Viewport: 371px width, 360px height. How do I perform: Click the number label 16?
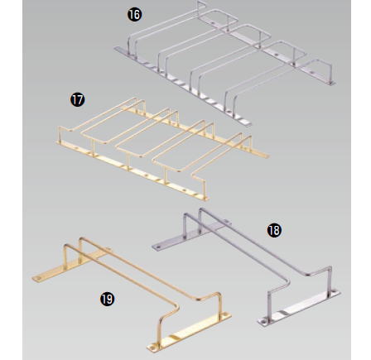[135, 14]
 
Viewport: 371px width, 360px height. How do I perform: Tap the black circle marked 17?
[78, 100]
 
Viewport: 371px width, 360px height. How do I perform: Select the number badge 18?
[274, 230]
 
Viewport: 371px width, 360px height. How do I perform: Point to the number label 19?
[107, 299]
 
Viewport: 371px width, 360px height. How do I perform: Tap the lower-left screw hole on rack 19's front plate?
[152, 345]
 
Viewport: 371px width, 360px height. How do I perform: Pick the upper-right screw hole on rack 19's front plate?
[226, 314]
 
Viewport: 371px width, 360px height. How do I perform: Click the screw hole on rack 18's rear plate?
[157, 247]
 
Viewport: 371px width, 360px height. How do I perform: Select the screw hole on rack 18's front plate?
[263, 321]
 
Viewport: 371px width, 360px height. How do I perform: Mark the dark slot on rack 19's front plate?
[174, 337]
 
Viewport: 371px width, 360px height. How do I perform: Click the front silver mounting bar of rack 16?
[182, 86]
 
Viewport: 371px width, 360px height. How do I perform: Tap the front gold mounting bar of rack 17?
[132, 170]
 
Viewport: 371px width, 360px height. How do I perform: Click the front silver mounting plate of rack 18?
[299, 308]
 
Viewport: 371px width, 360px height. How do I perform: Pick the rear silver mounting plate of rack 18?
[190, 234]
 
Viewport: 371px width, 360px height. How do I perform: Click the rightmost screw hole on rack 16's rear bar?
[312, 72]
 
